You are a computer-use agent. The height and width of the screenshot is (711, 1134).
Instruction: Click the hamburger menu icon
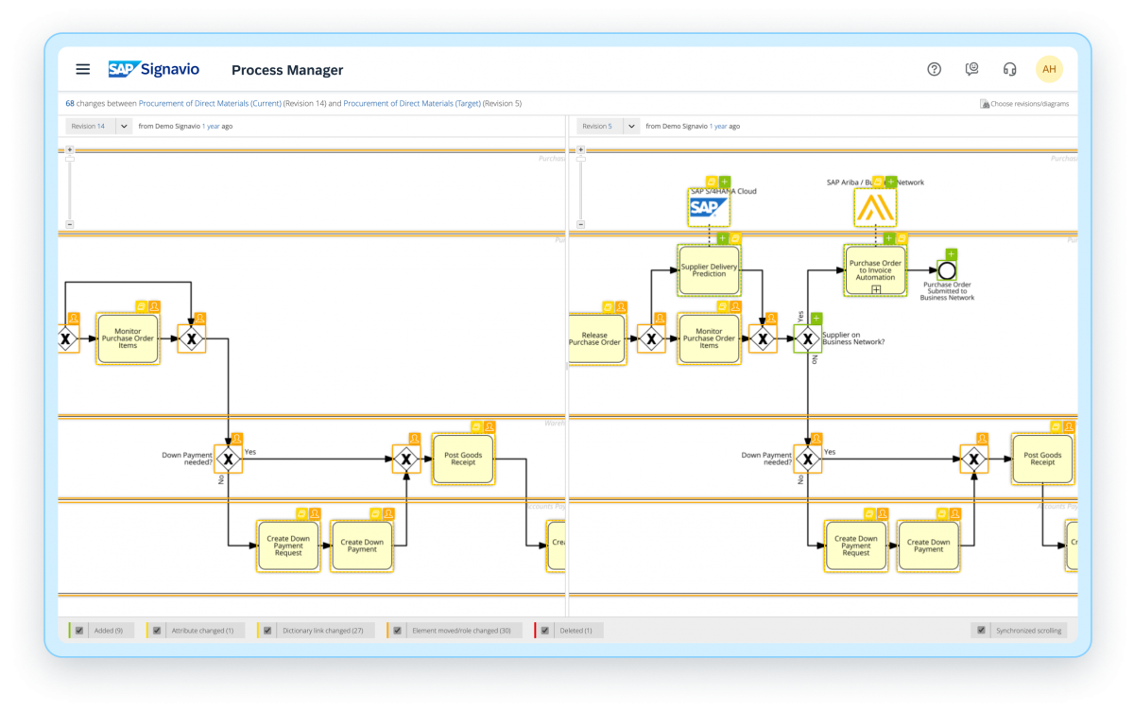point(83,69)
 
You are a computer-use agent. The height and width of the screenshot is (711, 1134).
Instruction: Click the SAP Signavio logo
point(153,69)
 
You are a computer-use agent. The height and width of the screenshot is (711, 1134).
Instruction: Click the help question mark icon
point(934,69)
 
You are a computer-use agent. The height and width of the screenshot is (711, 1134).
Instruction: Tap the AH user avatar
point(1049,69)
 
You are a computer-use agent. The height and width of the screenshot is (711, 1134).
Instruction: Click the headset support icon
point(1009,69)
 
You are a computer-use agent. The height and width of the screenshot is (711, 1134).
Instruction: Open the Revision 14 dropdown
point(124,126)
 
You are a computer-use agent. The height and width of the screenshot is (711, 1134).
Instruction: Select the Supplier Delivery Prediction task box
point(709,270)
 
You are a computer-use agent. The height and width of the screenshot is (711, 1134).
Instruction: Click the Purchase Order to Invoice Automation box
point(875,269)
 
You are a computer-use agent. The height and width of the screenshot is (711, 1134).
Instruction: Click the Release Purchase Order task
point(596,338)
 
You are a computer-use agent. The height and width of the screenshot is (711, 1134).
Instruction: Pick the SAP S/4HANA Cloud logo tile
point(709,207)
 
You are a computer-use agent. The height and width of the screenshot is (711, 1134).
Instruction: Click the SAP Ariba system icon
point(875,207)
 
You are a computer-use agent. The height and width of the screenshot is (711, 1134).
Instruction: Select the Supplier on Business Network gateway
point(807,338)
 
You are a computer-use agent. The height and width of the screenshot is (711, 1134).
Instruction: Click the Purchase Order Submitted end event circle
point(946,270)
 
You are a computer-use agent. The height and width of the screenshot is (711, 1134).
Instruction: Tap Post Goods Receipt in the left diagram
point(463,459)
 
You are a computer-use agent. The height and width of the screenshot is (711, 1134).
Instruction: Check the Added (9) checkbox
point(80,631)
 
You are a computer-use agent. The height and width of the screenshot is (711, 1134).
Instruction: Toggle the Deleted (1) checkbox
point(545,631)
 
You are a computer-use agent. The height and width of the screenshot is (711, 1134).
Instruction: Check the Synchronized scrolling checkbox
point(982,631)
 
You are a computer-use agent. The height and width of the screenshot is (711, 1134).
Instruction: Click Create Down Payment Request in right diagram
point(855,546)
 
